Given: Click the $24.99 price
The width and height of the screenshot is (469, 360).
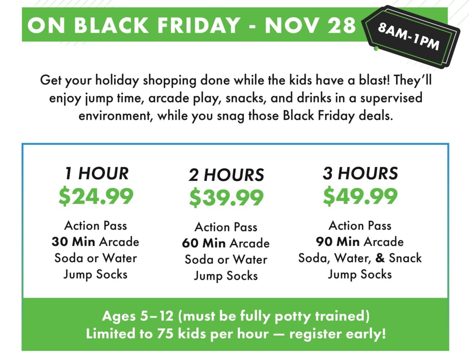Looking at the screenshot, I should point(96,196).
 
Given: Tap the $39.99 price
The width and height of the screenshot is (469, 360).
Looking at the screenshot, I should point(226,198).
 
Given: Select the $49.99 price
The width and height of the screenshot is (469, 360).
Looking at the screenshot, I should point(360,196).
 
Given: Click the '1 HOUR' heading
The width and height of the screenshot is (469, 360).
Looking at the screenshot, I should point(97,173).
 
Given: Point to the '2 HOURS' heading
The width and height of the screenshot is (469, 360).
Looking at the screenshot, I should point(226,175).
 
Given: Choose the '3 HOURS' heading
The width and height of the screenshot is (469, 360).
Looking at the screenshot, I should point(360,173).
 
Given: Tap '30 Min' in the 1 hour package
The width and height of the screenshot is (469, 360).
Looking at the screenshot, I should point(73,242).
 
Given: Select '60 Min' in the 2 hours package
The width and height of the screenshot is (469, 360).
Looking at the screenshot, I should point(204,243).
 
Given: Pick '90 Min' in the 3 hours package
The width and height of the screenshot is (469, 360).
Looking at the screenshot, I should point(337,242).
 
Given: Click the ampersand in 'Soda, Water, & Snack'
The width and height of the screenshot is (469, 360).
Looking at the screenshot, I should point(380,258).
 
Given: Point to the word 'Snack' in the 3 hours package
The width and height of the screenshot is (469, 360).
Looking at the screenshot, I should point(405,258).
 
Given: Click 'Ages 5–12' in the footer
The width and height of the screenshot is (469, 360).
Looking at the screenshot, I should point(137,316).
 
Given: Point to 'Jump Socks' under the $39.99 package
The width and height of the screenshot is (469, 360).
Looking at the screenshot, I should point(226,276).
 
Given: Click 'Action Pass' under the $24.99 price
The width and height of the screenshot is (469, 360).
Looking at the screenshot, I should point(96,226).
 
